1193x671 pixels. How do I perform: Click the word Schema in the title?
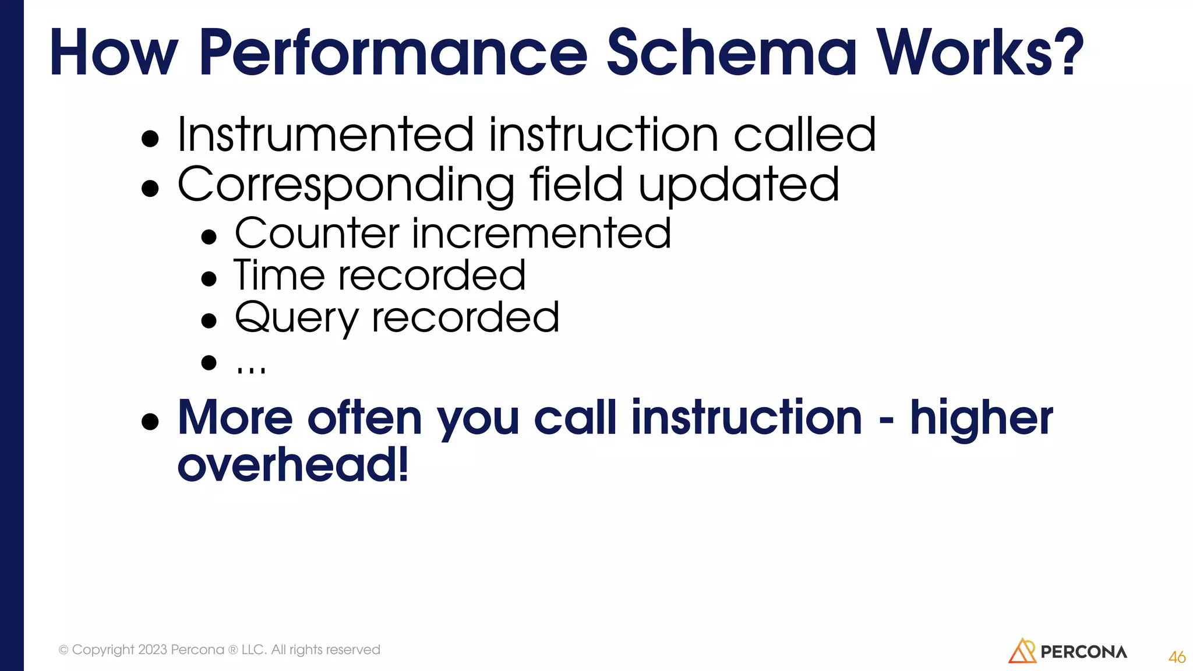pos(732,54)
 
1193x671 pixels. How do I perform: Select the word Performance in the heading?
pos(393,54)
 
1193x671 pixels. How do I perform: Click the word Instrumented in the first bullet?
pos(326,135)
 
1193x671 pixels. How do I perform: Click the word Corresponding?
pos(346,185)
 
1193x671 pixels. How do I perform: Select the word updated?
pos(739,185)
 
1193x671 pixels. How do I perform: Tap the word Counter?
pos(317,234)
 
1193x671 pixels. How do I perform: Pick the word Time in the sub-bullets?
pos(279,276)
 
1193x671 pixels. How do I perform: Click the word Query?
pos(296,319)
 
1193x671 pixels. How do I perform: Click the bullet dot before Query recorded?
pos(209,321)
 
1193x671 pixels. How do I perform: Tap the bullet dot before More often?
pos(150,421)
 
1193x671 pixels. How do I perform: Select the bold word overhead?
pos(293,465)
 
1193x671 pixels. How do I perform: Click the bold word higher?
pos(982,418)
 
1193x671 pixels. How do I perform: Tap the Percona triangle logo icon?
pos(1022,651)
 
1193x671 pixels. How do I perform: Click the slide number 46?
pos(1176,657)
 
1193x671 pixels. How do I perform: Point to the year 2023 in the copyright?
pos(153,649)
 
